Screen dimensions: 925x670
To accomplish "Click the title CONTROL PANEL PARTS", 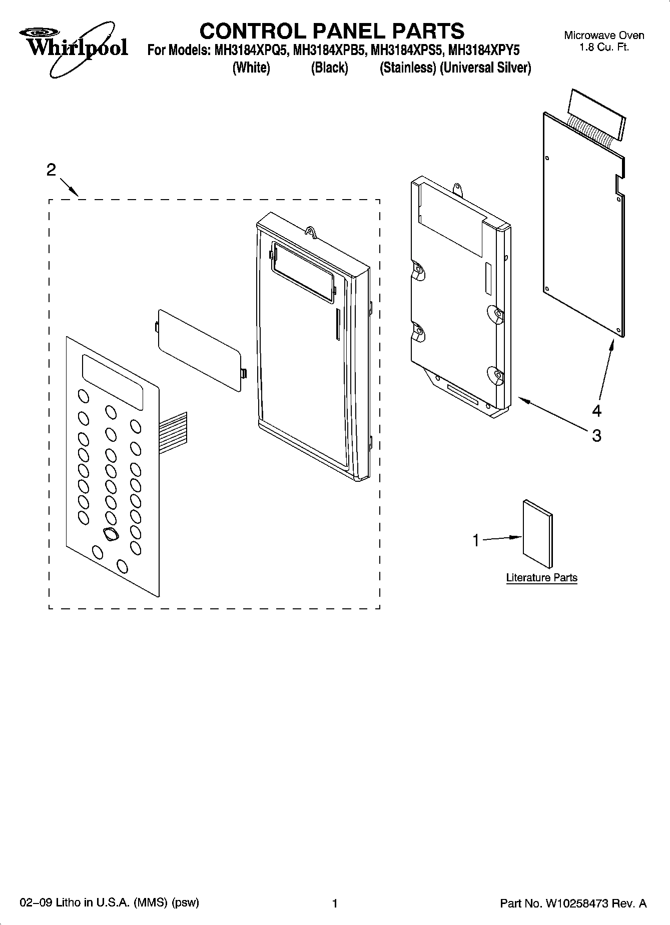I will tap(332, 31).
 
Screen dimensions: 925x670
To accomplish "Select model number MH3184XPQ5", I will tap(248, 51).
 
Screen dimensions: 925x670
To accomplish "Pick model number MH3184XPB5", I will tap(329, 51).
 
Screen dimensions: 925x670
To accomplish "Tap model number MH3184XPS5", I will tap(406, 51).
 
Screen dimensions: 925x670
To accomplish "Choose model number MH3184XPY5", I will tap(484, 51).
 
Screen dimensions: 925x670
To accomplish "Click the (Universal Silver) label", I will tap(485, 68).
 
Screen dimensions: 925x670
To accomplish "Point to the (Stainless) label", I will tap(407, 68).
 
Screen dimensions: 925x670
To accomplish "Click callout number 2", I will tap(51, 170).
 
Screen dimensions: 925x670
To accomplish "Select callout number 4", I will tap(596, 411).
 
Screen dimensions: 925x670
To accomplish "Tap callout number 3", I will tap(596, 436).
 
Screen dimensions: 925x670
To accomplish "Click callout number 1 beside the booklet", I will tap(476, 540).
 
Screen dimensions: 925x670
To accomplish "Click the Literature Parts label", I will tap(541, 578).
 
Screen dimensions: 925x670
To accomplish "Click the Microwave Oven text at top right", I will tap(604, 36).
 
